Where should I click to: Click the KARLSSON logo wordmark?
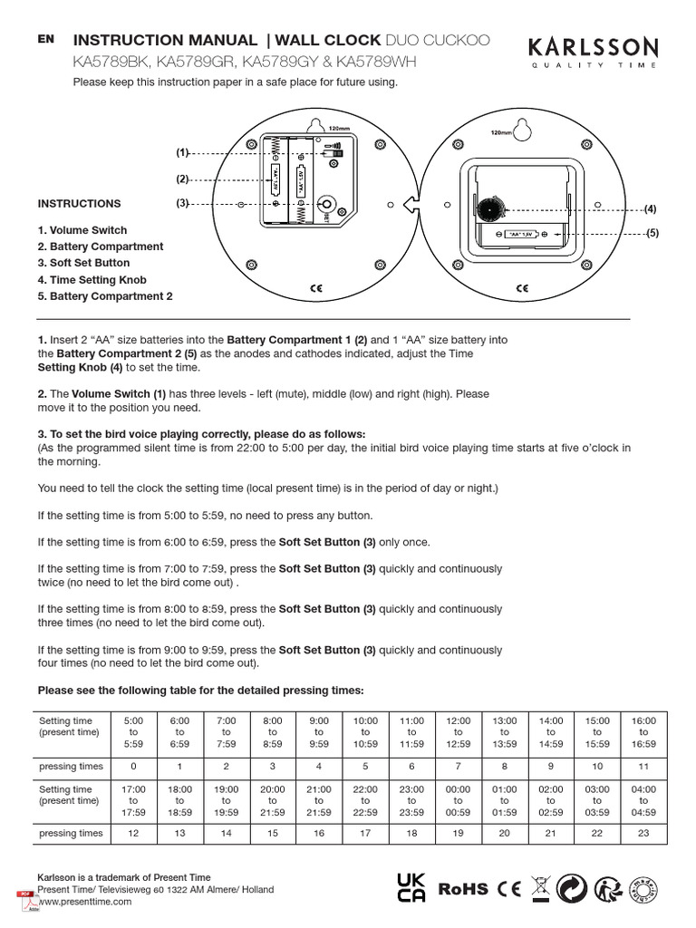tap(594, 47)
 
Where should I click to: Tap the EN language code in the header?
tap(46, 39)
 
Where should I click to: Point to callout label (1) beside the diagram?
tap(182, 153)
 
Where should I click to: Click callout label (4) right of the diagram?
tap(650, 209)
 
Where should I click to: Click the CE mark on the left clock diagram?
tap(316, 288)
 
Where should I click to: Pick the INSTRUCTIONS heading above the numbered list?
tap(79, 204)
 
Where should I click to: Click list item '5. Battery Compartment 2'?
tap(105, 296)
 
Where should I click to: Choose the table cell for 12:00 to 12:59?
tap(458, 731)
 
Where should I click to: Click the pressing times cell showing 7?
tap(458, 767)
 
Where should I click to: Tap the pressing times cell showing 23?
tap(643, 833)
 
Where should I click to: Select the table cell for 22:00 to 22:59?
tap(365, 800)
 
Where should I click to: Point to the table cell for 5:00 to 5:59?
tap(133, 731)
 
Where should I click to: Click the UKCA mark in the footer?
tap(412, 889)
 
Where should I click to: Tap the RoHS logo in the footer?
tap(463, 890)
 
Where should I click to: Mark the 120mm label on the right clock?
tap(500, 132)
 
